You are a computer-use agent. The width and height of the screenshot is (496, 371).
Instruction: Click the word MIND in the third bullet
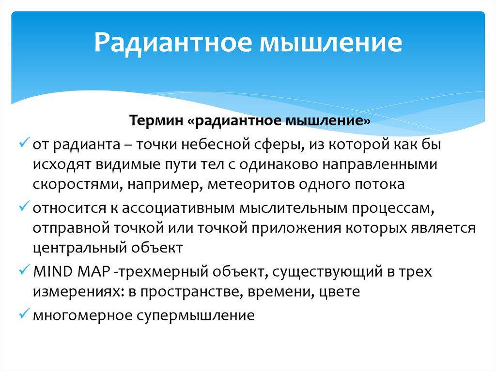click(x=51, y=271)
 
